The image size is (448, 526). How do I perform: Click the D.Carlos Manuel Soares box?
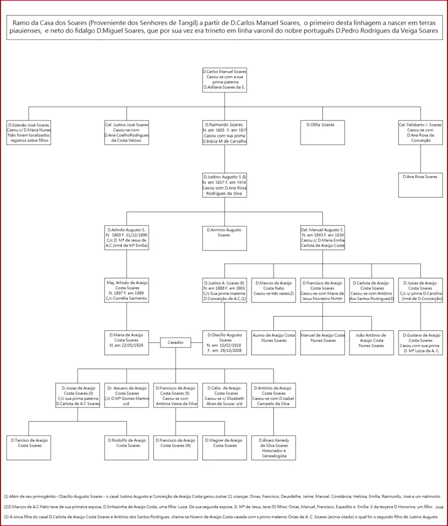coord(224,79)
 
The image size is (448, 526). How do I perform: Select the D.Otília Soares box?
coord(322,132)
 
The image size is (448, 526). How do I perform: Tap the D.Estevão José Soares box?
coord(29,132)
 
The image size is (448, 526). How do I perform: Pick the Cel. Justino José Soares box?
coord(126,132)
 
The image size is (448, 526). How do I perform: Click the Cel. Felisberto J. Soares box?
coord(420,132)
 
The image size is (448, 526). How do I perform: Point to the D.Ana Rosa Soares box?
coord(420,184)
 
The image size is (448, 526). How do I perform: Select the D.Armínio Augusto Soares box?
coord(224,238)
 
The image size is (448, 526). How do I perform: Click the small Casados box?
coord(175,342)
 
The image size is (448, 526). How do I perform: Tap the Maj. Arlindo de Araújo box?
coord(126,290)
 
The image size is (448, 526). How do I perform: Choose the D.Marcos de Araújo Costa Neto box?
coord(273,290)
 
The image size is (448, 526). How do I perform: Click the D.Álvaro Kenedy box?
coord(273,447)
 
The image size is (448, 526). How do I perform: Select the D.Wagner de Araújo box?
coord(224,447)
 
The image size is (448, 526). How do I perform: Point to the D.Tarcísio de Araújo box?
coord(29,447)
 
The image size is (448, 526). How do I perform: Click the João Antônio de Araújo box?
coord(371,342)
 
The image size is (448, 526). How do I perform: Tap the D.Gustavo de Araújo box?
coord(420,342)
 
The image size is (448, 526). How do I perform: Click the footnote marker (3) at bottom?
coord(6,515)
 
